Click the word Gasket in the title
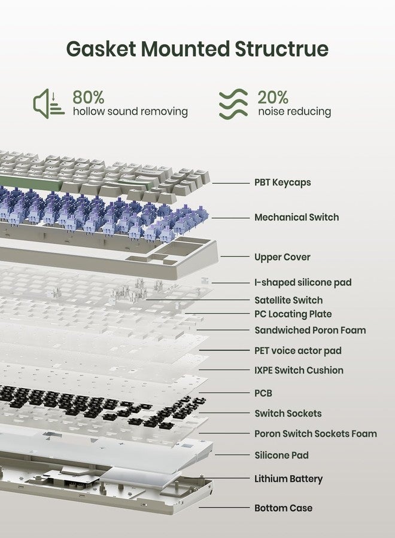click(x=101, y=49)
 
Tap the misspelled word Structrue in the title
click(x=282, y=49)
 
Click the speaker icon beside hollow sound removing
click(x=48, y=103)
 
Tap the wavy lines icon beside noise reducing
click(x=233, y=103)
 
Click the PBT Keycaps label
click(x=282, y=182)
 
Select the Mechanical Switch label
click(x=296, y=217)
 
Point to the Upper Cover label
click(x=282, y=257)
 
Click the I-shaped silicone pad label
click(x=303, y=282)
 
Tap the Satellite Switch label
click(x=288, y=300)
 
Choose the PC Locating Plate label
click(x=293, y=314)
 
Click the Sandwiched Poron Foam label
click(x=310, y=330)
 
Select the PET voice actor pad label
click(x=298, y=351)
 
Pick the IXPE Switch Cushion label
click(x=299, y=370)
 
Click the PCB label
click(x=263, y=393)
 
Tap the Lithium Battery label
click(x=288, y=479)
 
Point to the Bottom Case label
click(x=283, y=508)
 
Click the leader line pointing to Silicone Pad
click(x=232, y=455)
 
